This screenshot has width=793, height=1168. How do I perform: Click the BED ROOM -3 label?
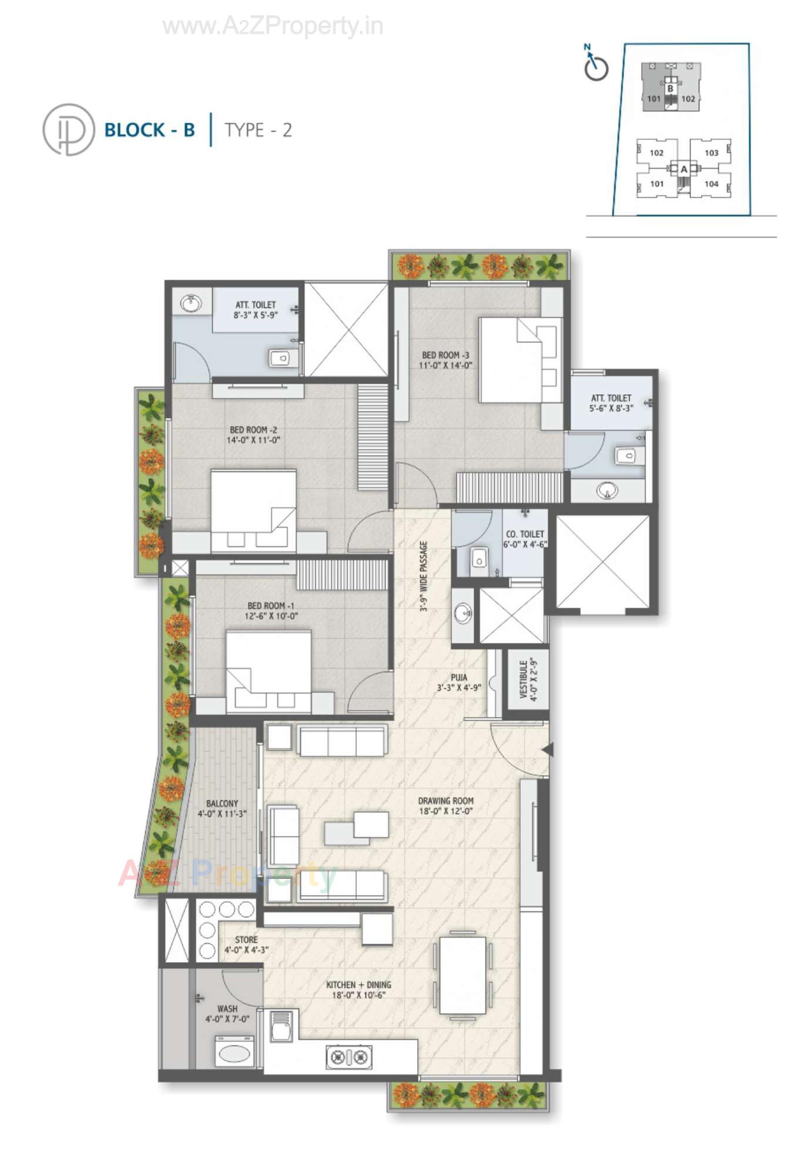[x=445, y=360]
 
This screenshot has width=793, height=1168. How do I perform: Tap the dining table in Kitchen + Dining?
[x=462, y=975]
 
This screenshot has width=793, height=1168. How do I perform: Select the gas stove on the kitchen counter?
[x=349, y=1057]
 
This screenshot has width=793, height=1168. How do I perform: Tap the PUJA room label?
[x=458, y=682]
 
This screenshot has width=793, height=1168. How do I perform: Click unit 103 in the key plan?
[x=711, y=153]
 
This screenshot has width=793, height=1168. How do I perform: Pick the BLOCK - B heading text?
[x=149, y=130]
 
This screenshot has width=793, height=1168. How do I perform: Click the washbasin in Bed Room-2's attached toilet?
[x=190, y=304]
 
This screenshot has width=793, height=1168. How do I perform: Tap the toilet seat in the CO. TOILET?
[x=479, y=558]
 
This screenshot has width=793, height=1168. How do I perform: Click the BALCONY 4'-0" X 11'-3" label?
[x=222, y=808]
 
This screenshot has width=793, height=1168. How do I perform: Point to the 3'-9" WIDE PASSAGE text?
[x=424, y=576]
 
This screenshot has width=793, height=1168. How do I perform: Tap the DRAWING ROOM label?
[x=445, y=806]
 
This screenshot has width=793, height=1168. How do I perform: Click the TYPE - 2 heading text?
[x=258, y=130]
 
